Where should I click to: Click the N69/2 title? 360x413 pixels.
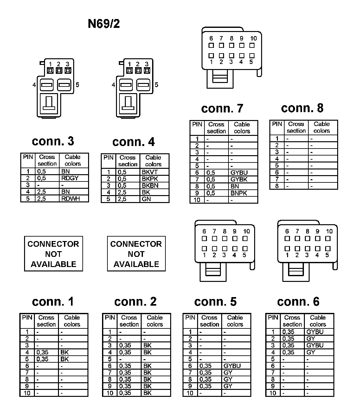(x=104, y=24)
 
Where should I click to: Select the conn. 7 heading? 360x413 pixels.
(x=222, y=108)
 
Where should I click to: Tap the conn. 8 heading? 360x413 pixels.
(x=302, y=108)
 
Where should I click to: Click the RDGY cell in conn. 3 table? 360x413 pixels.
(x=70, y=178)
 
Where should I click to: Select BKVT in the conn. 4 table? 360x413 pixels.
(x=150, y=172)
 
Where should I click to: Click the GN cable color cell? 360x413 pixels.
(x=146, y=199)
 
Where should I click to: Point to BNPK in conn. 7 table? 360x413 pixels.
(x=239, y=193)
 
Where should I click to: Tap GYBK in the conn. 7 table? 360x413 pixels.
(x=239, y=179)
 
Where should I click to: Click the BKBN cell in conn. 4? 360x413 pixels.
(x=150, y=186)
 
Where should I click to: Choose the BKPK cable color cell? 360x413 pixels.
(x=150, y=179)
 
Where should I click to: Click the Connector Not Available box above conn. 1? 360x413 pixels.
(x=53, y=254)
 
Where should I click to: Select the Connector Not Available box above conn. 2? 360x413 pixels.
(x=136, y=254)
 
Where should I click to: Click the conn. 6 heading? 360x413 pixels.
(x=298, y=302)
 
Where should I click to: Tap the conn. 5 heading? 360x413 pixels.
(x=215, y=302)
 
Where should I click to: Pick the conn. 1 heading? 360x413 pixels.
(x=53, y=302)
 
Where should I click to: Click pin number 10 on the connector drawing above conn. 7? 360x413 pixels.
(x=254, y=38)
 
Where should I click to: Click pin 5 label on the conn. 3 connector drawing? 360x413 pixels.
(x=77, y=85)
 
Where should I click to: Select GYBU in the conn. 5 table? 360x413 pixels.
(x=232, y=366)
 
